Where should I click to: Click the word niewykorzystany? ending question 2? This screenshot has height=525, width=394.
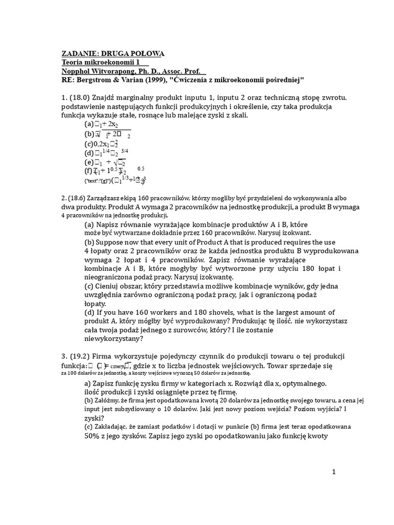click(x=113, y=338)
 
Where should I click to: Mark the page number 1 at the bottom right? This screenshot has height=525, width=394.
click(x=333, y=472)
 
